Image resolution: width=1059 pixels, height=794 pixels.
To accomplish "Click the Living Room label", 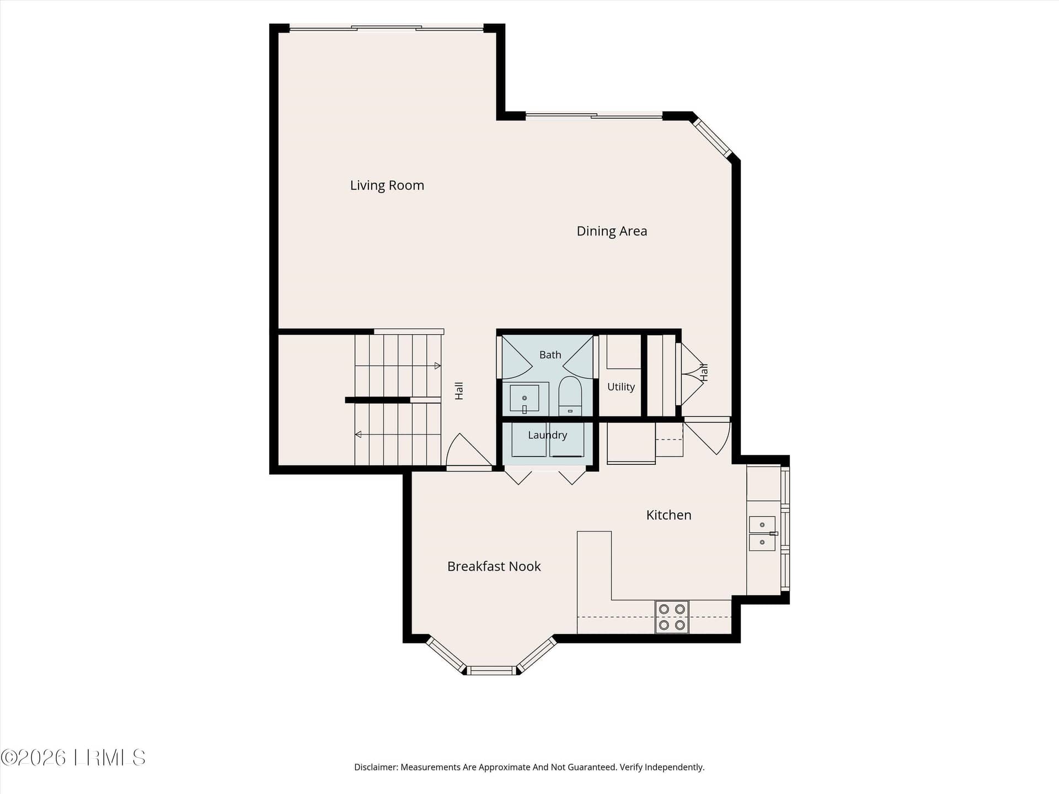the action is point(387,185).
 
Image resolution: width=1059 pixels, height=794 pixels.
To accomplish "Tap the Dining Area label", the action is point(612,231).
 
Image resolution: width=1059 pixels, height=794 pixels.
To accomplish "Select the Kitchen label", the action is point(668,515).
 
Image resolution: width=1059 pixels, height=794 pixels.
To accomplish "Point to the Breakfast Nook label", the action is point(494,566).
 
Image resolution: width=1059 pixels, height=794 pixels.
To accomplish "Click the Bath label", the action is point(550,355).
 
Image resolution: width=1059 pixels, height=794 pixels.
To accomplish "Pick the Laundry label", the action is point(547,435).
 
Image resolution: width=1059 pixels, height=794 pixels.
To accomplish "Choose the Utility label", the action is point(621,387).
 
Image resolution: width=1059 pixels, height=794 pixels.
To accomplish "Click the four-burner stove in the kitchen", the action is point(672,616).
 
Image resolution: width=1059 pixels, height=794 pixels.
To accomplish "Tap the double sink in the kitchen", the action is point(762,533).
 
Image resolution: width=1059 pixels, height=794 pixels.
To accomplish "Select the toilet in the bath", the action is point(570,395).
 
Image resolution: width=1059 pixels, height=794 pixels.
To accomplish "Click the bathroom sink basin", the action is point(524,398).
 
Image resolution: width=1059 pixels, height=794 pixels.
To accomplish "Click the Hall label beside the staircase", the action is point(459,391).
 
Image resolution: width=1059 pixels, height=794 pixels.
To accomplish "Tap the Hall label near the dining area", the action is point(704,372).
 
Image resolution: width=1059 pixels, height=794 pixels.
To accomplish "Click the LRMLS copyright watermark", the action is point(73,758).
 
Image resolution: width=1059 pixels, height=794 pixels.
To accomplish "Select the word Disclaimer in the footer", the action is point(376,767).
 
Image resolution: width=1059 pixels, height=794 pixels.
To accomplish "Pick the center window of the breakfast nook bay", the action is point(491,670).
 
